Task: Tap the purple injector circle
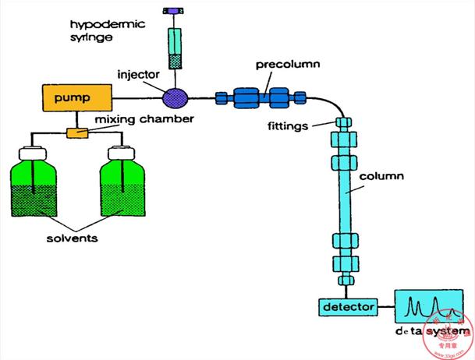click(x=175, y=98)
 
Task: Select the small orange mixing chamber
click(x=76, y=134)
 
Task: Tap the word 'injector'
click(x=139, y=76)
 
